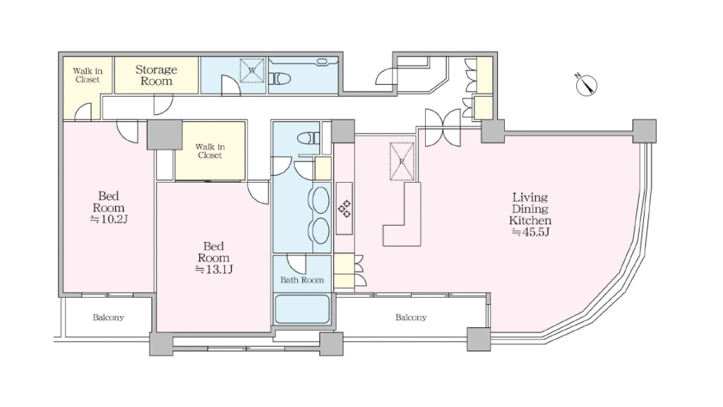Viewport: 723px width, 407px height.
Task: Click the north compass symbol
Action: [587, 85]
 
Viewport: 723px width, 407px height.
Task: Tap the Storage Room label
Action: [156, 75]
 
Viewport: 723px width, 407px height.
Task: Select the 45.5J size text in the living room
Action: [530, 231]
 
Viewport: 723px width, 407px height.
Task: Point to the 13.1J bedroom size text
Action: [213, 269]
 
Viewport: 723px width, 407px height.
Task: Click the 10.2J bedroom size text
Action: [108, 219]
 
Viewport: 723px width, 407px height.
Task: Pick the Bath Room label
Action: [302, 280]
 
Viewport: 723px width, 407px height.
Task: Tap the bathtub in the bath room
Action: [302, 309]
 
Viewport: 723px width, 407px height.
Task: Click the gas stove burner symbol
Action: [345, 209]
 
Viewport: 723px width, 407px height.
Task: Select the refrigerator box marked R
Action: [402, 161]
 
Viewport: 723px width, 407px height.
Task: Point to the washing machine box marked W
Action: [252, 71]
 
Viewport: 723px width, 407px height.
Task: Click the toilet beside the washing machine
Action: [280, 79]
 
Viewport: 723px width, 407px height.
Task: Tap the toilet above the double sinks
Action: [309, 138]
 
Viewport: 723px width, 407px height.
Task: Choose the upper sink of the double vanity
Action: [321, 200]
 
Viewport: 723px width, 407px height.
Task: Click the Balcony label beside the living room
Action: [411, 317]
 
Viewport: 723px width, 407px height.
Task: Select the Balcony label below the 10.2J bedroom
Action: [108, 317]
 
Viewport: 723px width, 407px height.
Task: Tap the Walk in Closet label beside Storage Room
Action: [88, 75]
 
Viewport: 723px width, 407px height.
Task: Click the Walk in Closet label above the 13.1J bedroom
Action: [210, 151]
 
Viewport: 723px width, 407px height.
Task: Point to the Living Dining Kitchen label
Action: [530, 209]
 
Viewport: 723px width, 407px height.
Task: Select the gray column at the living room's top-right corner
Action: [644, 131]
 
